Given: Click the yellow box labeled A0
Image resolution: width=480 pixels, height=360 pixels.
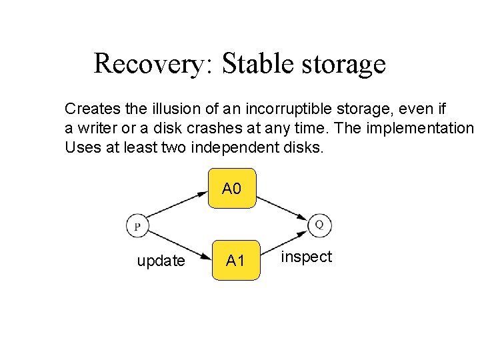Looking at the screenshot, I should [231, 189].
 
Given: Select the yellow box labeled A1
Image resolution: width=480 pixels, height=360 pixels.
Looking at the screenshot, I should [235, 260].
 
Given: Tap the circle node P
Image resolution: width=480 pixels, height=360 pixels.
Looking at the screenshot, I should [137, 226].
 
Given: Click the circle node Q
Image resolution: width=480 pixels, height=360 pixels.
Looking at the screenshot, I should [319, 225].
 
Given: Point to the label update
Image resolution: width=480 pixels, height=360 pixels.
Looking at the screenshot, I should [161, 261].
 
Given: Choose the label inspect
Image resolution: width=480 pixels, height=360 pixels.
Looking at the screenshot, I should [306, 257].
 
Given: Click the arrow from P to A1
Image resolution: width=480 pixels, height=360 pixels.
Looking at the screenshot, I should [177, 247].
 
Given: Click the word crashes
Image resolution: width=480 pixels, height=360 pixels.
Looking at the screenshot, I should [259, 127].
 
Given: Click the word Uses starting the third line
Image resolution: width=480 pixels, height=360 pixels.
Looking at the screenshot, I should [81, 147].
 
